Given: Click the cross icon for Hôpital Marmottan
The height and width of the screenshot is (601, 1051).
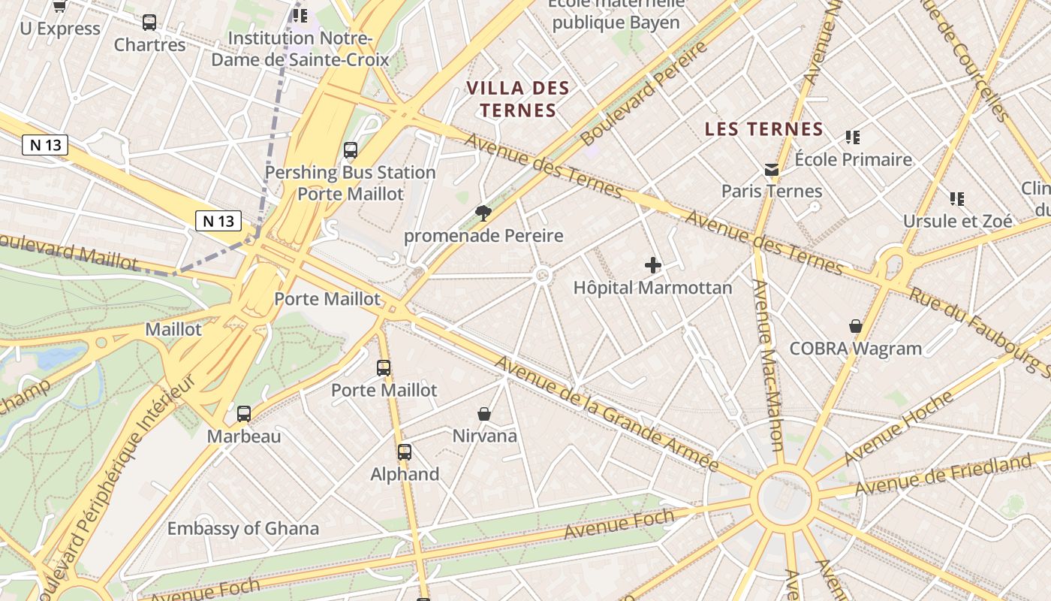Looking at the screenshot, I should [x=653, y=264].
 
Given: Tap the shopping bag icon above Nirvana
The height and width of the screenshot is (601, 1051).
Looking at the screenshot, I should [x=484, y=413].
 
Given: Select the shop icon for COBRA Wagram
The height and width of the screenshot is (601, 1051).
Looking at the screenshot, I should [x=855, y=326].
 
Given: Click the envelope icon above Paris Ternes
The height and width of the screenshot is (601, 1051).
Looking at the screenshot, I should [x=771, y=170].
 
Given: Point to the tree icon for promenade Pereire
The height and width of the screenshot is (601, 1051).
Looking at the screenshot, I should [x=483, y=213].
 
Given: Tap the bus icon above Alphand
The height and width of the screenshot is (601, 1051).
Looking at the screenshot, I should [x=405, y=452].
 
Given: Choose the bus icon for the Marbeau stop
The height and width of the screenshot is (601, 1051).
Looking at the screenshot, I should [x=244, y=413].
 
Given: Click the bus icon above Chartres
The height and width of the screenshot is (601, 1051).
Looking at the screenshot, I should [x=149, y=23].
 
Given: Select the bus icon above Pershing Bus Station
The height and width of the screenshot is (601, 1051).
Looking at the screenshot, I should [x=351, y=149].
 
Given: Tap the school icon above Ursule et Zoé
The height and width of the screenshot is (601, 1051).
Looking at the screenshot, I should [x=956, y=199].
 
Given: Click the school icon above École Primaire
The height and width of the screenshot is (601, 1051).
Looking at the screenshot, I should [x=852, y=137].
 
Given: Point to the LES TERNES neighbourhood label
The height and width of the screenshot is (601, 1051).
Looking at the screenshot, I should [x=764, y=129].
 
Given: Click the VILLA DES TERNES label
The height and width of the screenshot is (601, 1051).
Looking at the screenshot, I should [x=518, y=99].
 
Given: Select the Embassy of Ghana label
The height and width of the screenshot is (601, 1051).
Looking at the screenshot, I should [x=242, y=528].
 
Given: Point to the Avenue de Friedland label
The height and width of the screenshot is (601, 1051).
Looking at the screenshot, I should [x=943, y=475].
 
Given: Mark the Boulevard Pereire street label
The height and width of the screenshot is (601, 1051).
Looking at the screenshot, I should [x=643, y=95].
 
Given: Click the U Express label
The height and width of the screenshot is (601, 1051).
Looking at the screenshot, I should [x=60, y=29].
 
